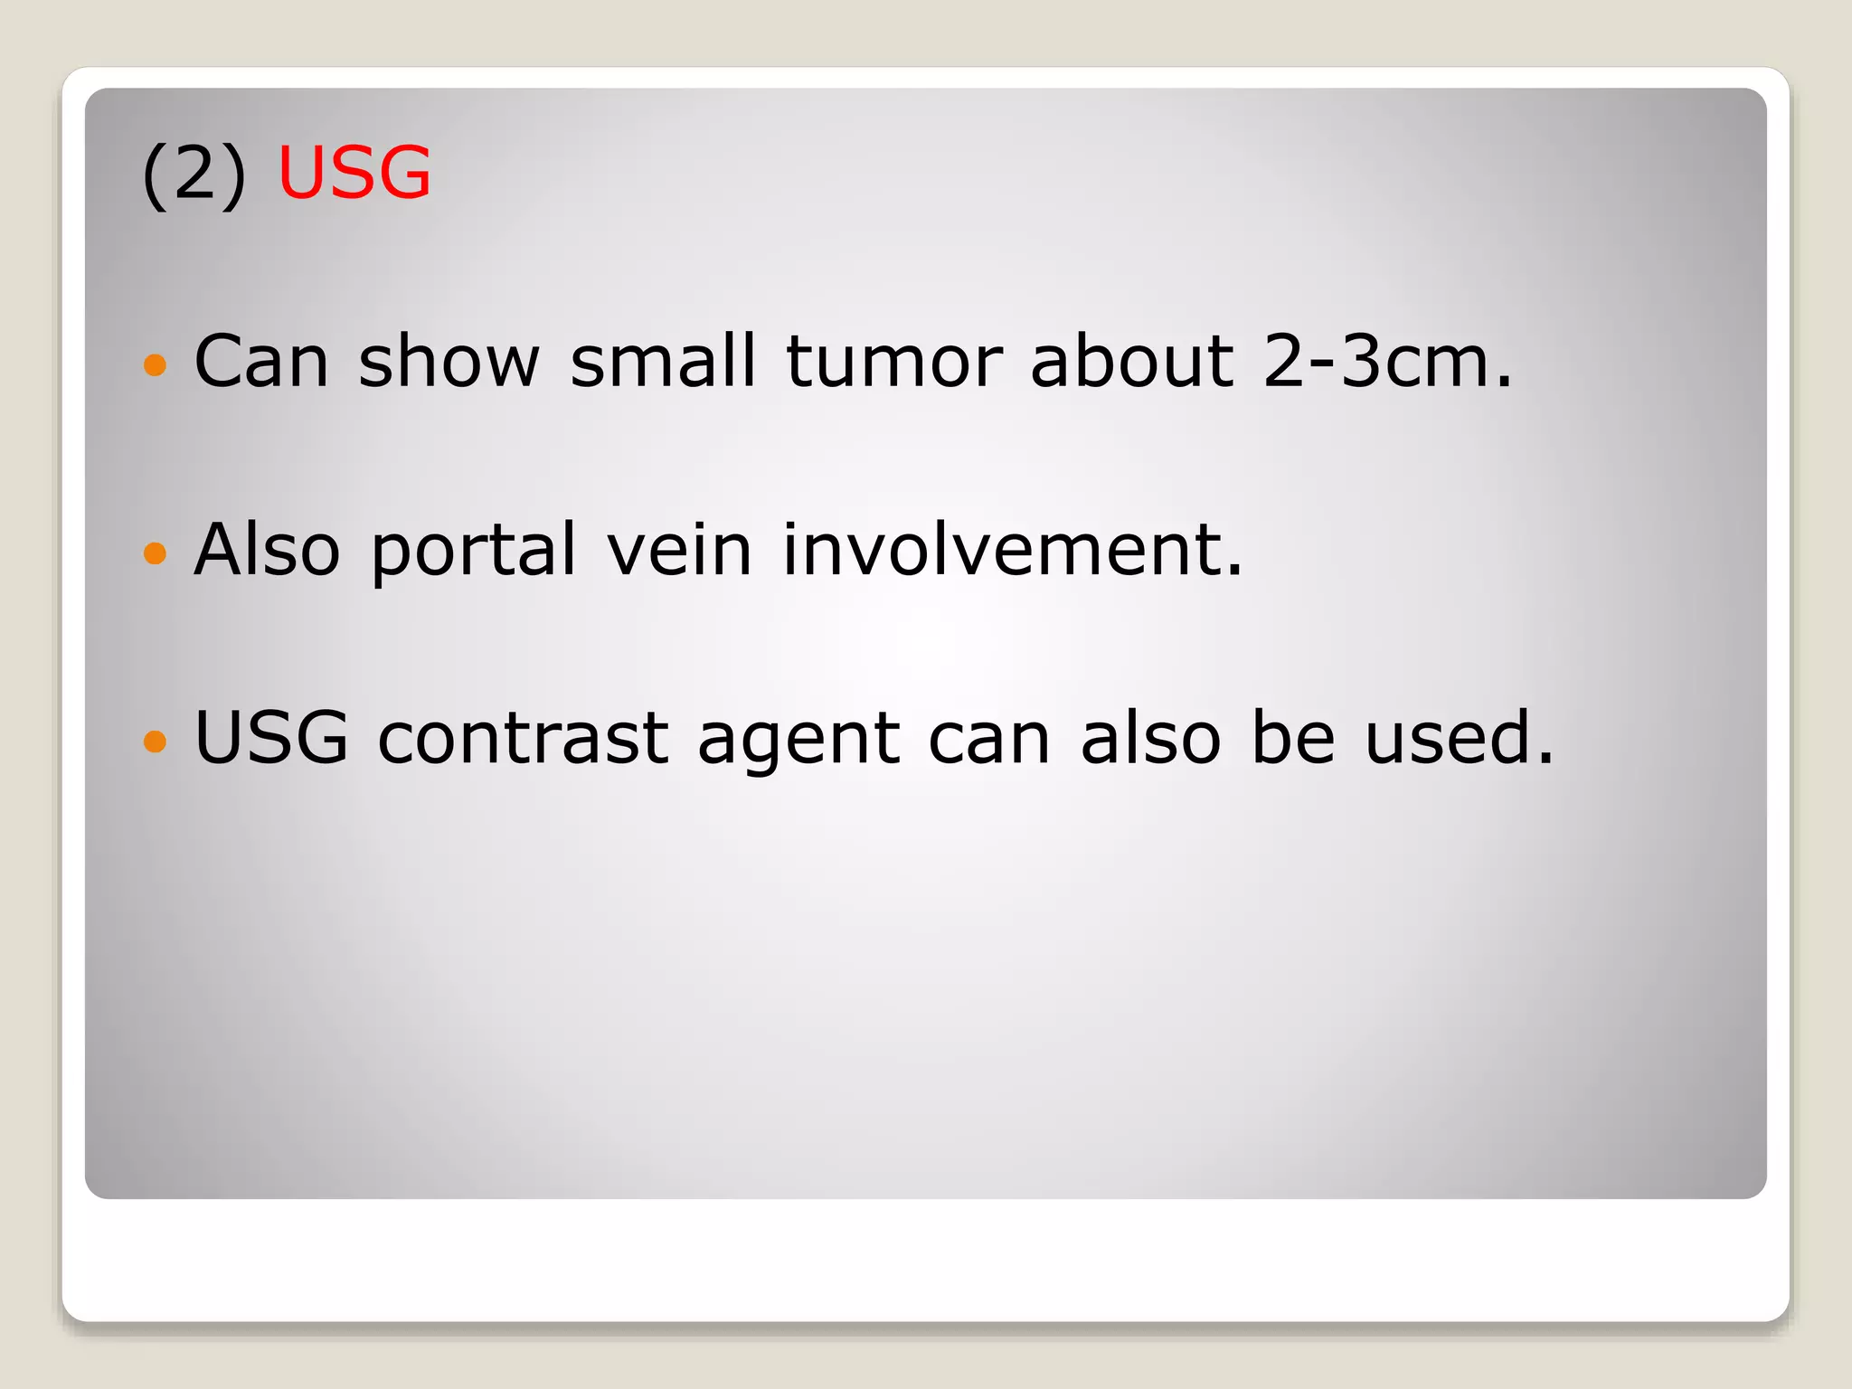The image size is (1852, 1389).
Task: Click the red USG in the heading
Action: [354, 173]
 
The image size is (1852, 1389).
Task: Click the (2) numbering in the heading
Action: [194, 175]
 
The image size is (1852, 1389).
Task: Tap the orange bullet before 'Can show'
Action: [156, 364]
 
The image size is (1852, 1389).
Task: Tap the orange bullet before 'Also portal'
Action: [156, 553]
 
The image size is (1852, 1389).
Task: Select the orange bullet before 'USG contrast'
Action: [156, 742]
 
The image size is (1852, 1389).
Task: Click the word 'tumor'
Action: [894, 361]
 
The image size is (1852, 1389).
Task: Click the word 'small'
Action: [662, 361]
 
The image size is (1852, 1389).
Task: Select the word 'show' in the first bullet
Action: [449, 361]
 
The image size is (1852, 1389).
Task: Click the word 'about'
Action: [1131, 361]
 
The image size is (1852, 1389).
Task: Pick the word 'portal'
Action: [473, 551]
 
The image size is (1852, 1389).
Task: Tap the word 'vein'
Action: [678, 549]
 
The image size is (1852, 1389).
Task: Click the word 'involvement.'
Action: [1012, 549]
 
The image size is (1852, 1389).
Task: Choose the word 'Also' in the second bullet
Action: [267, 549]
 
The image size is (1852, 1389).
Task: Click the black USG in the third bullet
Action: [271, 738]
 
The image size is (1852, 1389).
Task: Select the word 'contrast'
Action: [523, 738]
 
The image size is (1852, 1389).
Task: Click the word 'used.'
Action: [1459, 738]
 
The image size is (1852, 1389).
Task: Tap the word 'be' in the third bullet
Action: [1292, 738]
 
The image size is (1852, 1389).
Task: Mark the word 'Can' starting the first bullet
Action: [261, 361]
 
